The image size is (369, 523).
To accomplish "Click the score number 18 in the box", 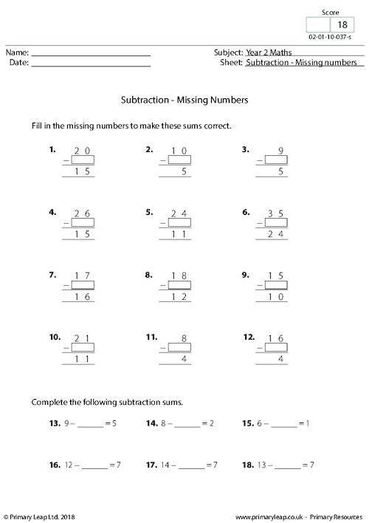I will coord(342,24).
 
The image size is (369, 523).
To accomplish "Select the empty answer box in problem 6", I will coord(274,223).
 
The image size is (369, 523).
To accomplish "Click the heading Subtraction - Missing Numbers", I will coord(184,99).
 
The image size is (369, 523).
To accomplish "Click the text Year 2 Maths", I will coord(268,52).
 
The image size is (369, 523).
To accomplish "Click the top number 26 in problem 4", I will coord(82,213).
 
